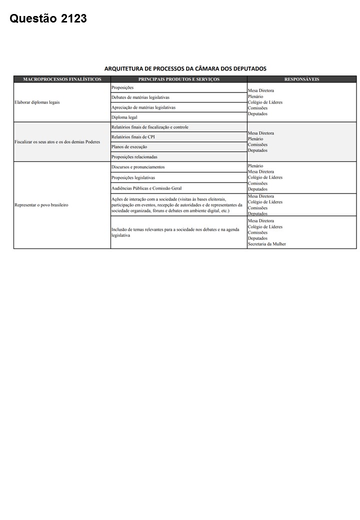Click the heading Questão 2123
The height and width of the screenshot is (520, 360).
[48, 19]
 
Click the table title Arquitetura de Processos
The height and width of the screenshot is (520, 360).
[185, 68]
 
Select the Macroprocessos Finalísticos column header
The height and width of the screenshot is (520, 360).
[62, 79]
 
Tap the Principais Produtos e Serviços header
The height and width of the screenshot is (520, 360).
[178, 79]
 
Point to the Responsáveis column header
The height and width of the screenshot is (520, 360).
[301, 79]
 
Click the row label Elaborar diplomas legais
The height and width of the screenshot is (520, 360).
[37, 102]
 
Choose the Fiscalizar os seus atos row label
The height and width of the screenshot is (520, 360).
[57, 141]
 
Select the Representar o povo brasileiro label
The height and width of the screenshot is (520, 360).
[41, 205]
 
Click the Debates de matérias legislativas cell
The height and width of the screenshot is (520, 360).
[140, 97]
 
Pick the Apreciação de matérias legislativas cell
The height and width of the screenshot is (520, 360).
[143, 107]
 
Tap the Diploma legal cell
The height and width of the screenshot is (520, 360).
[124, 117]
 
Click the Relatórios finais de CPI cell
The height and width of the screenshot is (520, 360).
[133, 137]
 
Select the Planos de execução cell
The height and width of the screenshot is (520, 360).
[129, 147]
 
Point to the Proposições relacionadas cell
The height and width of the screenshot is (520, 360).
[134, 157]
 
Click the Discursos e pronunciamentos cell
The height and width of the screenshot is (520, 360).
[138, 167]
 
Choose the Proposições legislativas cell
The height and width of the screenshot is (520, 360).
[133, 177]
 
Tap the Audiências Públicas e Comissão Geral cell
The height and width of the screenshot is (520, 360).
[146, 188]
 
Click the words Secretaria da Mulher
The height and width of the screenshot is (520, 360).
[267, 244]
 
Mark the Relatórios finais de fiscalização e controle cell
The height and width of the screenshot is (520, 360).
[150, 127]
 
